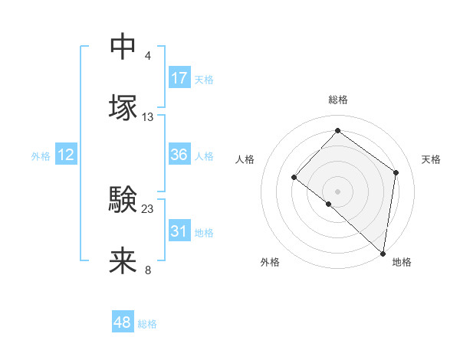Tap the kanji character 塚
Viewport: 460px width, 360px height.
tap(123, 107)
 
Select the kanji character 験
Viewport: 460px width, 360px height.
tap(123, 199)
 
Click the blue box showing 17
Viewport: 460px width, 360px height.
tap(179, 77)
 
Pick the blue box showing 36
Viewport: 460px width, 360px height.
tap(179, 155)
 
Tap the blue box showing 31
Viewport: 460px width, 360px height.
tap(179, 231)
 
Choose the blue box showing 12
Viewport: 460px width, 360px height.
tap(66, 155)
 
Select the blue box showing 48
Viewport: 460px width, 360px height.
tap(123, 322)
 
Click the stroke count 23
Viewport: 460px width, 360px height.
tap(148, 208)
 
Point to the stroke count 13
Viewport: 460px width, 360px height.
tap(148, 116)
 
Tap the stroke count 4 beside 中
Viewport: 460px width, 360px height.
tap(147, 56)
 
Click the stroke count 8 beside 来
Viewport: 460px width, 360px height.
tap(147, 270)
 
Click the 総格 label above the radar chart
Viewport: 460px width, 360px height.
tap(338, 100)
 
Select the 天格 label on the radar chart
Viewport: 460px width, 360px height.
tap(431, 159)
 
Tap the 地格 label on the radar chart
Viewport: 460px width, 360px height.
tap(402, 263)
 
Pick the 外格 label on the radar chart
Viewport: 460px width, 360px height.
tap(270, 263)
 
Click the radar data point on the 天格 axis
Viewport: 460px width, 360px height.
tap(396, 172)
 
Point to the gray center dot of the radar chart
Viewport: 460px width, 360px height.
tap(338, 191)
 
